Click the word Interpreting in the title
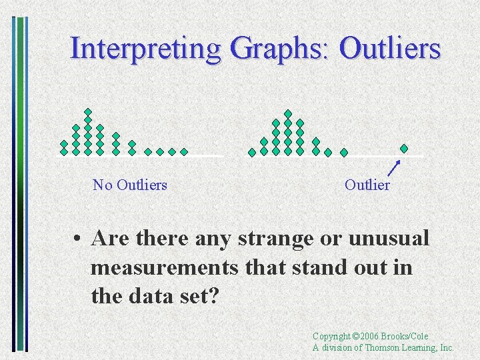tap(145, 49)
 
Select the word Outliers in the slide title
tap(390, 49)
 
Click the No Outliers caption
tap(130, 185)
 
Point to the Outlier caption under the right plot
tap(367, 185)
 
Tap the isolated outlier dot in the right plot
tap(403, 148)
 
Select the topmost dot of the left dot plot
tap(88, 111)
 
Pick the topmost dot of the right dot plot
tap(288, 113)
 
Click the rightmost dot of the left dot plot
tap(184, 152)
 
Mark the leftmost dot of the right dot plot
tap(252, 152)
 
